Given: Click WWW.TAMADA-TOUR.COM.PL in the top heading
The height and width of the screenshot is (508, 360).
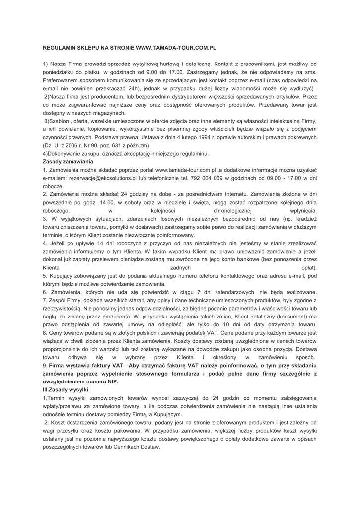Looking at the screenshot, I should (176, 48).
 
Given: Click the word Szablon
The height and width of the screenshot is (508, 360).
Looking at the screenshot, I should (61, 122).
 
